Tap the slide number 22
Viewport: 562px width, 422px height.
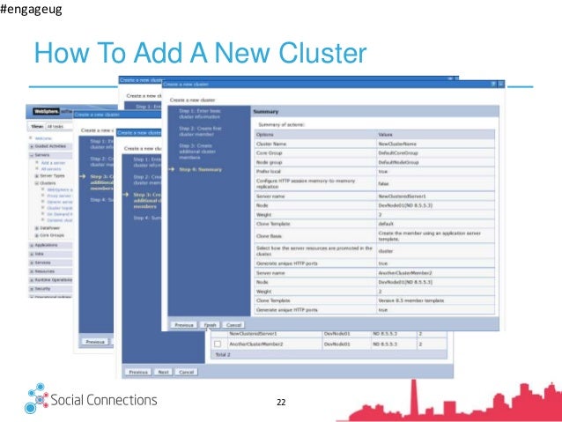pos(281,402)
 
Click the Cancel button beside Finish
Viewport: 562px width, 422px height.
pos(232,324)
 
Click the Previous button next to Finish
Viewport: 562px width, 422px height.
pos(183,324)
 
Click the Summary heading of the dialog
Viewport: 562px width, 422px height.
pos(266,112)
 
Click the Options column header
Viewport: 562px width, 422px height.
pos(266,133)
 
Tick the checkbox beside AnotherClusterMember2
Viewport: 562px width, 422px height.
pos(217,344)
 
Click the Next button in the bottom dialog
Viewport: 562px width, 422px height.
pos(164,373)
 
